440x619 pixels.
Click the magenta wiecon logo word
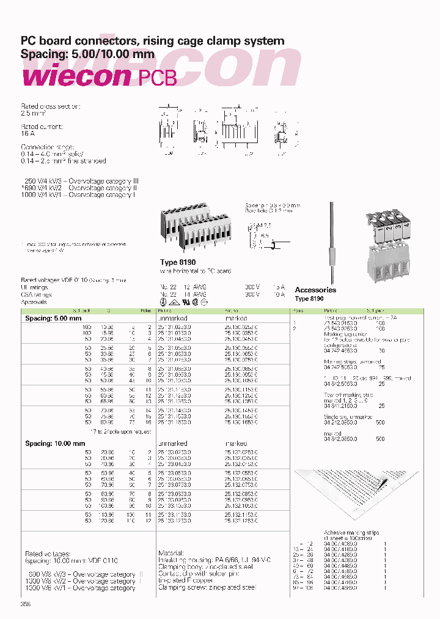[76, 76]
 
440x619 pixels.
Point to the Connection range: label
[48, 147]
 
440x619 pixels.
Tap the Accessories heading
[315, 290]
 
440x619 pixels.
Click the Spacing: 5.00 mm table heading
[53, 319]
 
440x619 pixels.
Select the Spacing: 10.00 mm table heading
[55, 443]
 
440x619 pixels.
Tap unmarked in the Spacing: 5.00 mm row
[173, 319]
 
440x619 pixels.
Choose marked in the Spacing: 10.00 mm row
[236, 443]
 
